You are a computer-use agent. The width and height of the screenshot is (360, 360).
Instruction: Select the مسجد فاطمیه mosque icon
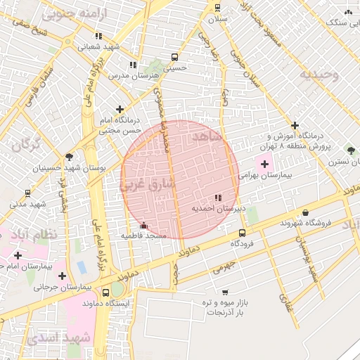(x=144, y=226)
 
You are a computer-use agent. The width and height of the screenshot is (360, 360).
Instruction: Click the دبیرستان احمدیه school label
(x=218, y=209)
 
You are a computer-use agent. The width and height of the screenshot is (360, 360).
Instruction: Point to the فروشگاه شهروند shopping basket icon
(x=306, y=213)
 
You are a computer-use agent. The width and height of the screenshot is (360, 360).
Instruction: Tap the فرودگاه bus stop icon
(x=242, y=233)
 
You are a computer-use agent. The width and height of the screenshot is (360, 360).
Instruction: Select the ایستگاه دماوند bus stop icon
(x=105, y=293)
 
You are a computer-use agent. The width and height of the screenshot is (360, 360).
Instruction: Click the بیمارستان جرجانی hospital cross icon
(x=63, y=276)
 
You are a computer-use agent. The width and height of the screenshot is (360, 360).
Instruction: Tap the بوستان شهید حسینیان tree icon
(x=68, y=157)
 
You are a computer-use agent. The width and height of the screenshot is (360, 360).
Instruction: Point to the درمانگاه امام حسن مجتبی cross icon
(x=120, y=110)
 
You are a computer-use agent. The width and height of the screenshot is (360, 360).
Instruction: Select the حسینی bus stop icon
(x=174, y=58)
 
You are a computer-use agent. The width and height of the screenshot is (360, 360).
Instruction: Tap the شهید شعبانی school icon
(x=98, y=37)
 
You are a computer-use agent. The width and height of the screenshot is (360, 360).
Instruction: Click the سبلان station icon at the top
(x=217, y=8)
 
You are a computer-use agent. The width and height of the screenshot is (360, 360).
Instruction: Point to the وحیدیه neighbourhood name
(x=319, y=74)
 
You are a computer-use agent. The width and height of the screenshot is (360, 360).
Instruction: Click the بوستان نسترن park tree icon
(x=351, y=150)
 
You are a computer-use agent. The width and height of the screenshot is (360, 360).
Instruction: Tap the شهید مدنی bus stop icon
(x=27, y=193)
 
